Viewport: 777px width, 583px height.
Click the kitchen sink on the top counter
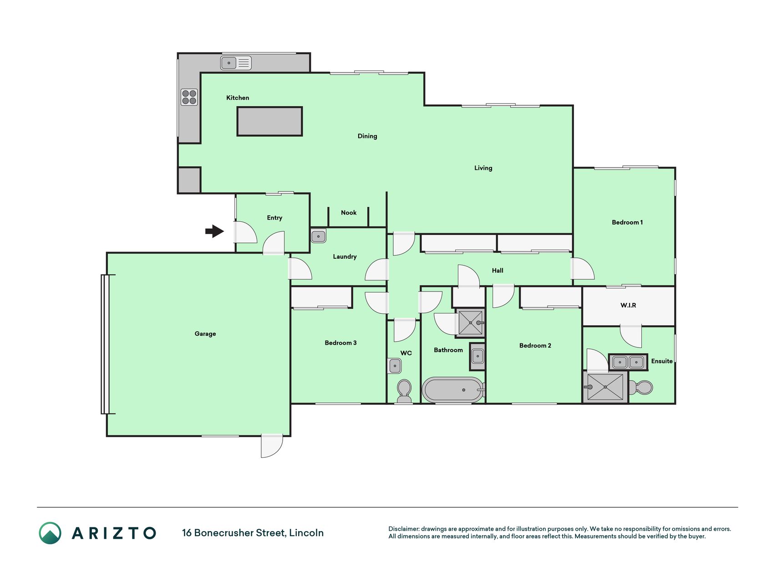236,63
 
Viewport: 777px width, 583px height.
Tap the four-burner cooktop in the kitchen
189,97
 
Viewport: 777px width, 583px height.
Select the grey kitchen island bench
269,121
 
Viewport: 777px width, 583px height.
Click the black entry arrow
214,231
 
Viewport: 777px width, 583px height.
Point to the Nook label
349,213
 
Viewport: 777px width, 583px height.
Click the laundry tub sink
318,236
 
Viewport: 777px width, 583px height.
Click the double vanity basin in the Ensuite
628,362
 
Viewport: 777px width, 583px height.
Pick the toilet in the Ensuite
641,388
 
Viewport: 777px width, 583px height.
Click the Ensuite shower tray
605,387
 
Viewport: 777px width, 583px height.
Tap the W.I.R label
628,305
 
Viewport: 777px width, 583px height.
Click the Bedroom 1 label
627,222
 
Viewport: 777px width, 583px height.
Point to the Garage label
205,334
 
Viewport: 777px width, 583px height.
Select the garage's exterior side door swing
272,446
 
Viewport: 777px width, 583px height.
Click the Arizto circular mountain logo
50,533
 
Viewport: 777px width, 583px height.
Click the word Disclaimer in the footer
404,529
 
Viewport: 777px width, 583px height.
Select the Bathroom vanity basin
477,356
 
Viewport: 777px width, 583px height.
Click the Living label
483,168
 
